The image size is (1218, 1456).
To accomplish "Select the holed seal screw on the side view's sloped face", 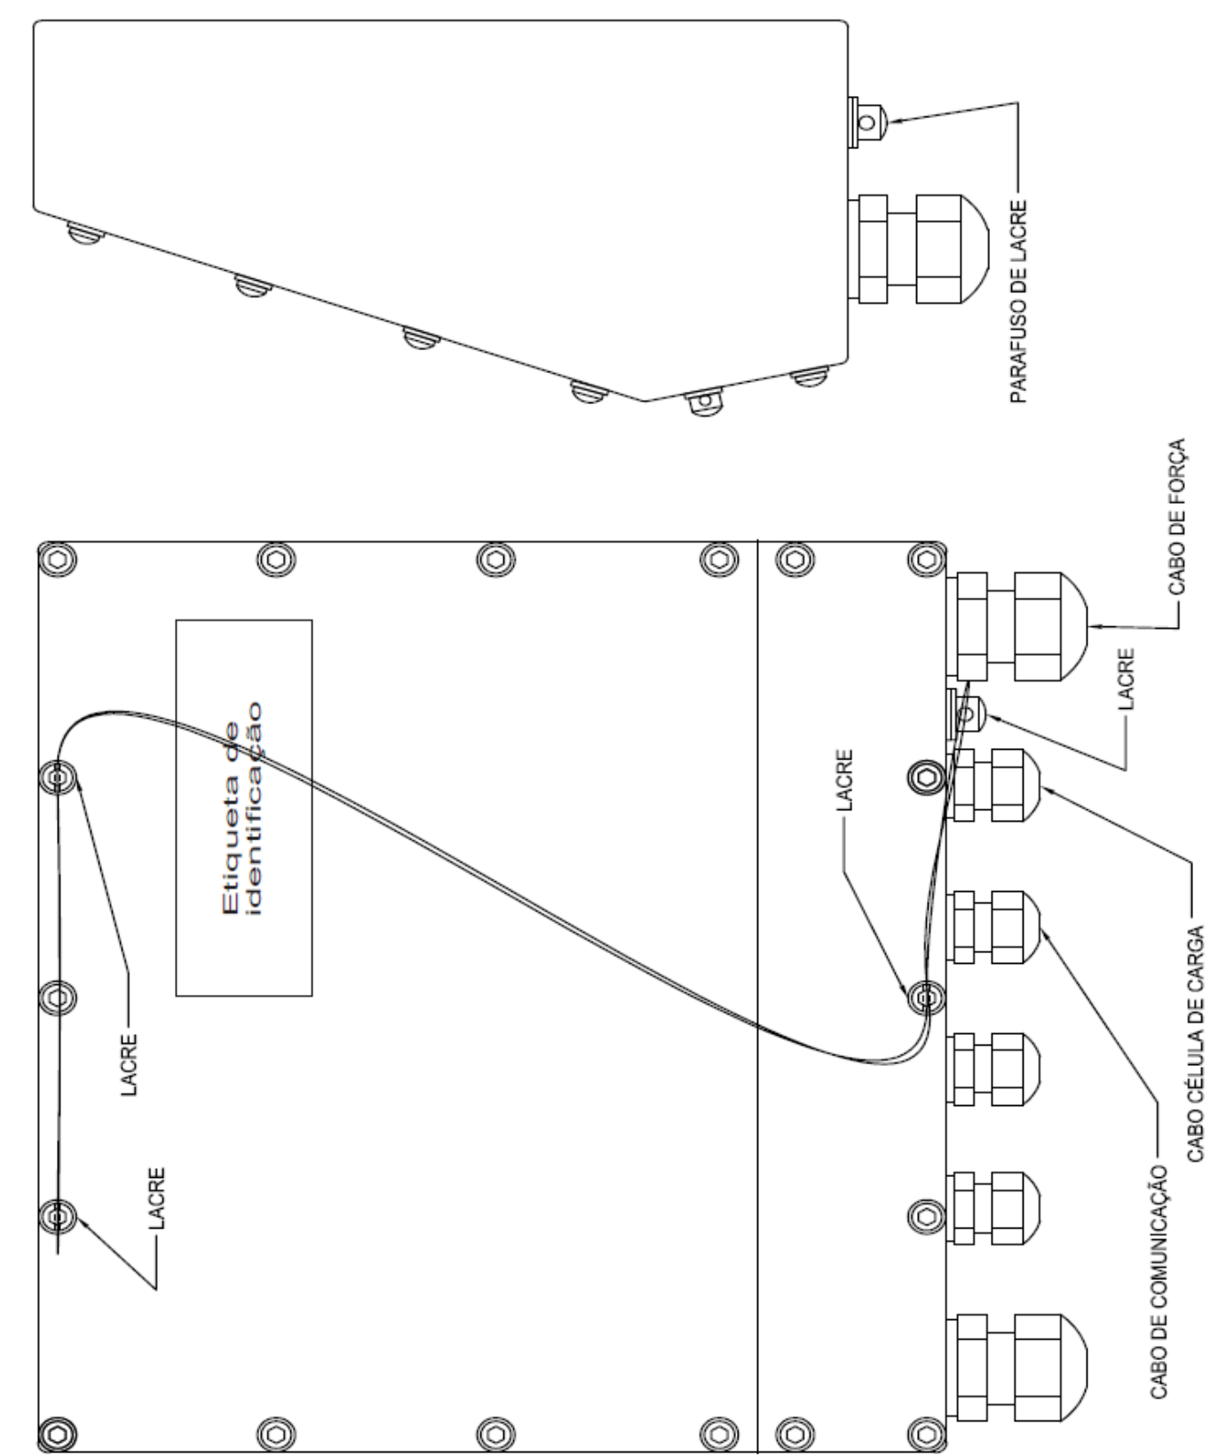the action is click(703, 404).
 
